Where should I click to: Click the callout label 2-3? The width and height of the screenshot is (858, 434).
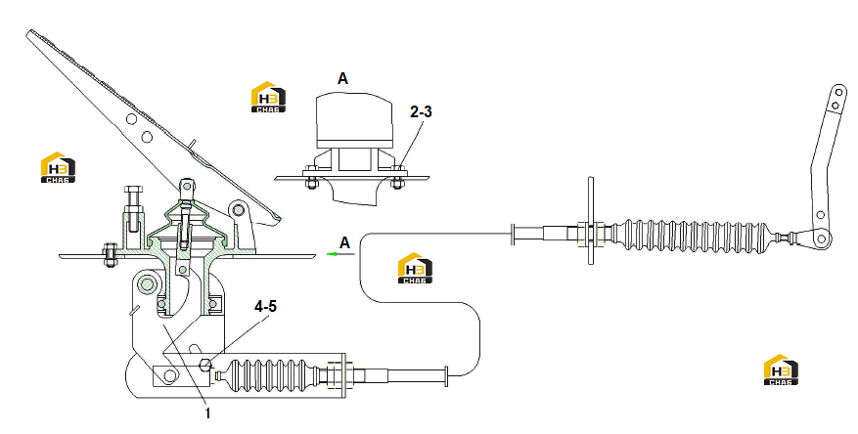click(421, 111)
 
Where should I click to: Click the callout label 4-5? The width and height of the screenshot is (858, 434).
click(265, 307)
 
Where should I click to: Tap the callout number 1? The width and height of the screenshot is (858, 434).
click(207, 413)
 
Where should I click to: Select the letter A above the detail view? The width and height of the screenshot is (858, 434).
click(342, 79)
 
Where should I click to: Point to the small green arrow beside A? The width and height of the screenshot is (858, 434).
click(333, 253)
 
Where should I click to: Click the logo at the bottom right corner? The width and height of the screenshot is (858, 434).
click(781, 369)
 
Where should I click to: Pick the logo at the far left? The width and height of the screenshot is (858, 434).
click(58, 167)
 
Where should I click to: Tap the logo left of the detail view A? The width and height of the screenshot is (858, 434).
click(268, 98)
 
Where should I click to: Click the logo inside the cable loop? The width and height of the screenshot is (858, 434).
click(415, 268)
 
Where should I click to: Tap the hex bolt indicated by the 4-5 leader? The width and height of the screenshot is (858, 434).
click(205, 365)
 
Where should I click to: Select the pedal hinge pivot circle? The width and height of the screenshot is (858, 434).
click(238, 210)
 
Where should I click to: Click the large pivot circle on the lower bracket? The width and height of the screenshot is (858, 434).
click(147, 283)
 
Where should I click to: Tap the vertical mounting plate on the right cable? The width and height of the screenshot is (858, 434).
click(590, 220)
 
